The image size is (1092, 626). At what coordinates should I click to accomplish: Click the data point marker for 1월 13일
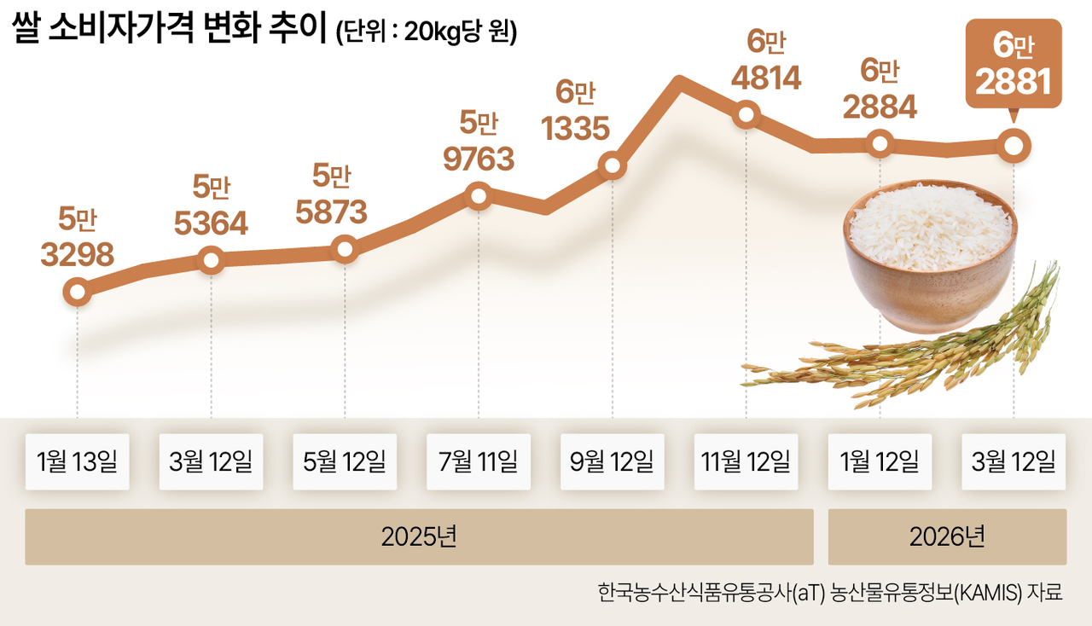[x=78, y=292]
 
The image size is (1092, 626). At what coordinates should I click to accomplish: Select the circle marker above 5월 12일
[x=345, y=249]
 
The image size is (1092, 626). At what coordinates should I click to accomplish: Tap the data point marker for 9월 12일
[x=613, y=165]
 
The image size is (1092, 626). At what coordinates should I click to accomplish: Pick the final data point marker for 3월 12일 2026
[x=1014, y=145]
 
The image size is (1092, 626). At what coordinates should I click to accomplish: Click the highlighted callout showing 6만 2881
[x=1014, y=63]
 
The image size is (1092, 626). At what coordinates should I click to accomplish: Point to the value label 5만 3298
[x=78, y=236]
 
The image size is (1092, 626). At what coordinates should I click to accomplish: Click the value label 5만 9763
[x=479, y=142]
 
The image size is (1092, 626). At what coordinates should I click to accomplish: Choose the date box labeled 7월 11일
[x=479, y=461]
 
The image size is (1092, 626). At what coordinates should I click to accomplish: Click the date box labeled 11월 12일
[x=746, y=461]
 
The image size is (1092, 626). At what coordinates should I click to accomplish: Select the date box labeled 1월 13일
[x=78, y=461]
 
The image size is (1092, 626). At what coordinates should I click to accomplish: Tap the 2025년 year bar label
[x=419, y=536]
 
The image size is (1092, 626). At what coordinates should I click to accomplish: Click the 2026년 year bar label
[x=947, y=536]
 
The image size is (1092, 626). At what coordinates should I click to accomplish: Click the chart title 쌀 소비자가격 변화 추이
[x=169, y=27]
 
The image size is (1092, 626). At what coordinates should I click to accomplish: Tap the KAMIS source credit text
[x=829, y=593]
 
